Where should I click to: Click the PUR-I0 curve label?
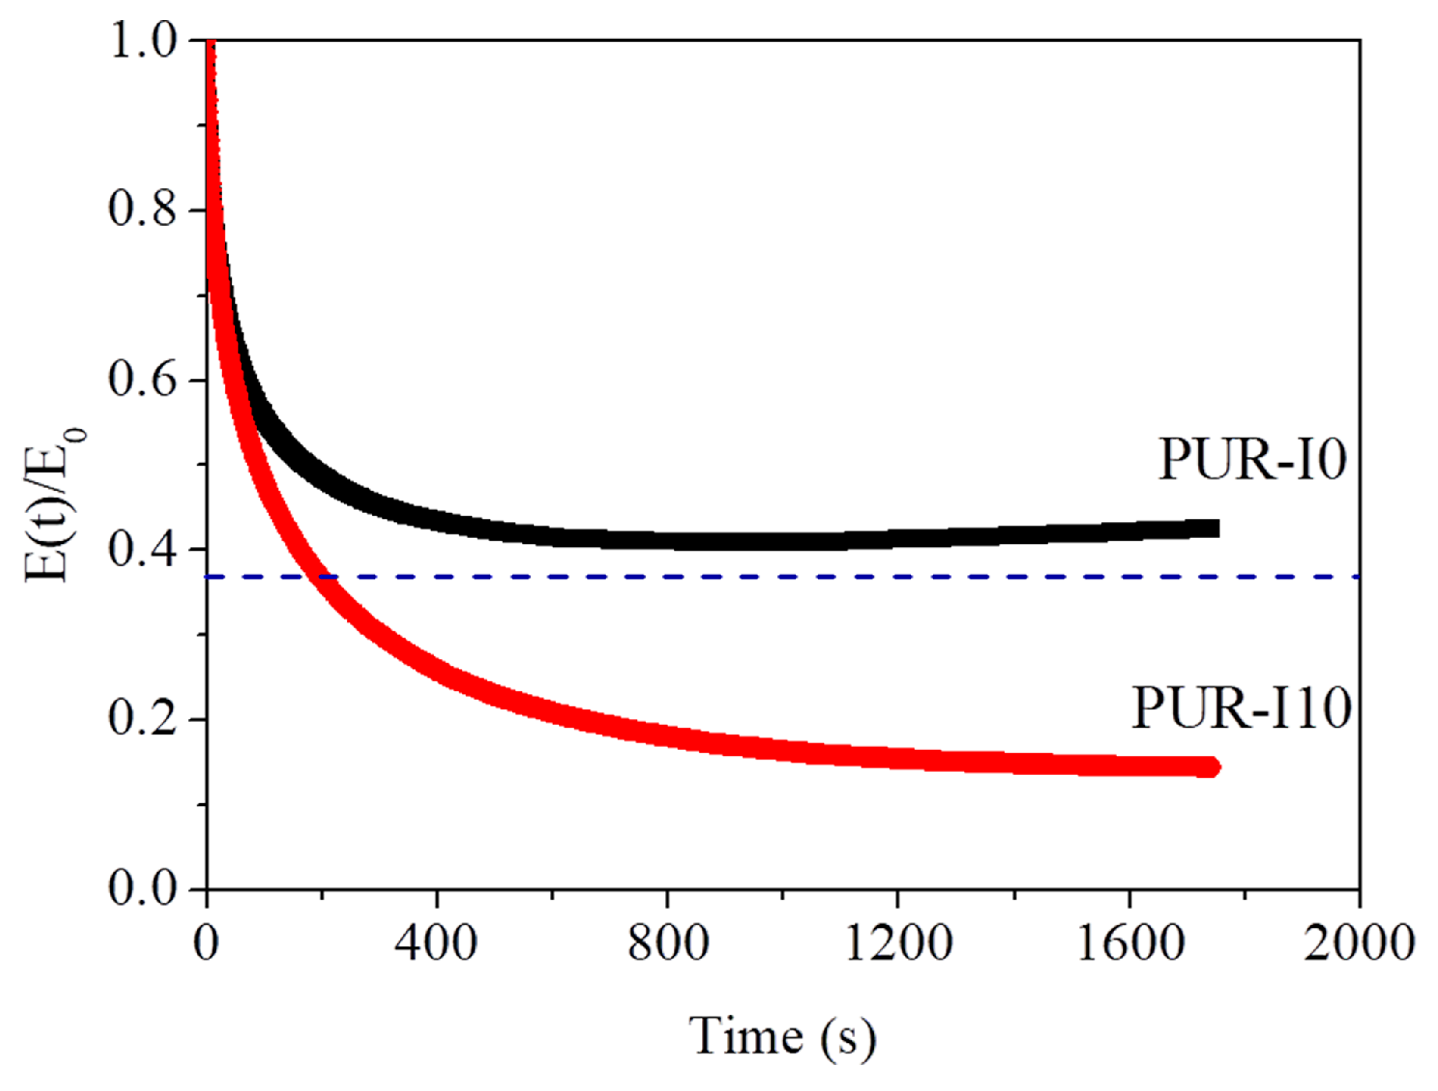pos(1252,460)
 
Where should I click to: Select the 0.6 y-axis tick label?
pos(143,379)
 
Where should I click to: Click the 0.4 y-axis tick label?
pos(143,550)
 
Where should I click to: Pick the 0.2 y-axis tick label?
pos(143,719)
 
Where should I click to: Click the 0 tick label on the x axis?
pos(207,944)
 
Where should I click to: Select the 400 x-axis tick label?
pos(436,944)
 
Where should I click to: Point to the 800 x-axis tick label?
pos(668,944)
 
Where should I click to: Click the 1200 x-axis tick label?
pos(898,944)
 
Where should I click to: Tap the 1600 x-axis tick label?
pos(1130,944)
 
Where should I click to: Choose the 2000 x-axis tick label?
pos(1359,944)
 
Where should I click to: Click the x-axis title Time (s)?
pos(782,1037)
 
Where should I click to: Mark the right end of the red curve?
pos(1213,768)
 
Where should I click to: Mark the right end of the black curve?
pos(1214,528)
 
